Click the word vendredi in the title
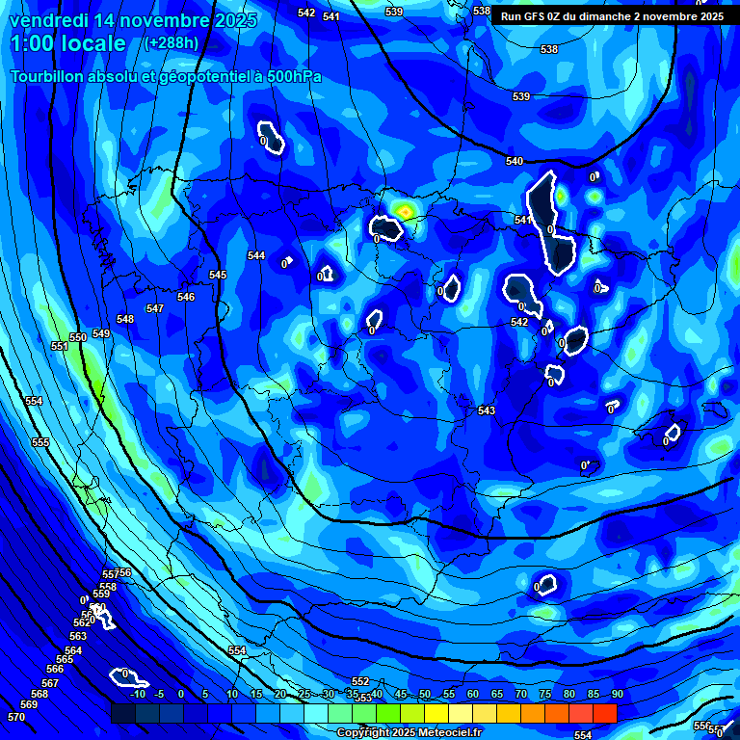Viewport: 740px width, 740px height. [x=52, y=20]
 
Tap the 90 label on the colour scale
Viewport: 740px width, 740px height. [x=617, y=695]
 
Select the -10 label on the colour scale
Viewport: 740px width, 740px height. [x=138, y=695]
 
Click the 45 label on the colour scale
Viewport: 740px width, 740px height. [x=400, y=695]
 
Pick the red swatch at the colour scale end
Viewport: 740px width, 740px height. [x=604, y=713]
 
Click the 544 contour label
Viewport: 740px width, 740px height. [x=256, y=255]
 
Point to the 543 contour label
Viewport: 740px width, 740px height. [x=487, y=411]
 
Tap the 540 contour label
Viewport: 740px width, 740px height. [x=515, y=161]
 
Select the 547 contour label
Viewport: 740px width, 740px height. [x=155, y=308]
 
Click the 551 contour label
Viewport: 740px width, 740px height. [x=60, y=346]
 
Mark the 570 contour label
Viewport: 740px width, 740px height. [x=16, y=718]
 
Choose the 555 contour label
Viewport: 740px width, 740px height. [x=40, y=442]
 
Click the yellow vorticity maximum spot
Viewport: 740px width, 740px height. [x=406, y=210]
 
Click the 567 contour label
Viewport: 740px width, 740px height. [x=50, y=683]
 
